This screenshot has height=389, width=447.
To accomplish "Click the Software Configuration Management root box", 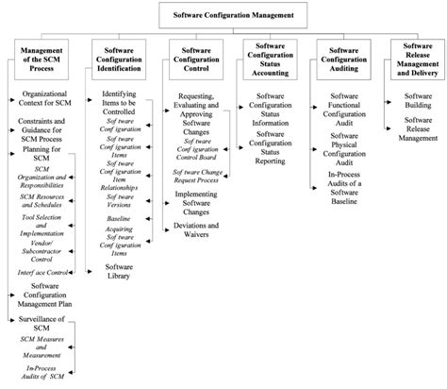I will pos(247,15).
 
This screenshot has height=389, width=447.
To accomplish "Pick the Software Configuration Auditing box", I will pos(345,61).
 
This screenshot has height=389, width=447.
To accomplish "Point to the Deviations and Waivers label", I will pos(197,231).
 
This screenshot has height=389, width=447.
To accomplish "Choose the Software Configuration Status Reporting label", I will pos(271,149).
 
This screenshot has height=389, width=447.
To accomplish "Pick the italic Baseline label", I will pos(119,218).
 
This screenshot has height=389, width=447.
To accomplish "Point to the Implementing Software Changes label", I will pos(196,200).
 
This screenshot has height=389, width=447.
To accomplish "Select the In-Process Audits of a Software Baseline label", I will pos(345,187).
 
